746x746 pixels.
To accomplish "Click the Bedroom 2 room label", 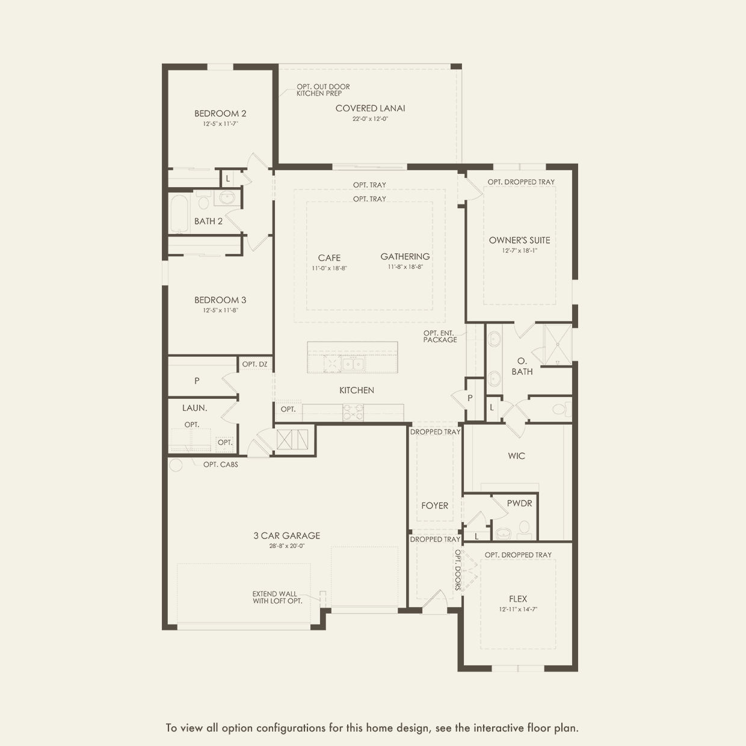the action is (x=220, y=114).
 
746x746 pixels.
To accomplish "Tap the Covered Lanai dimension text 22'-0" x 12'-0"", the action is (x=370, y=119).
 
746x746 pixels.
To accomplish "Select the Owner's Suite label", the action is (x=519, y=240).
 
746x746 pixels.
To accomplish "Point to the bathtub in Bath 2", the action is (x=179, y=214).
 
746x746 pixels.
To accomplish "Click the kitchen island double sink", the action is (x=353, y=365).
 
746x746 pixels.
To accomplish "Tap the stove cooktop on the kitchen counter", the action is (x=353, y=412).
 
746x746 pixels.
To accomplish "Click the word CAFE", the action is (x=329, y=258).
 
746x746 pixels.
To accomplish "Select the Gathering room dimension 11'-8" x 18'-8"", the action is (x=405, y=267).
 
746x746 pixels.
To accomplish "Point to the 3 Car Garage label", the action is (x=287, y=535).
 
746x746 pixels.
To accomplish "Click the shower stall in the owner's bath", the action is (x=558, y=345).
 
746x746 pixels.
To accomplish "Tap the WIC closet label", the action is (x=516, y=456).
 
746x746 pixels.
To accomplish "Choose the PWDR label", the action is (x=520, y=504).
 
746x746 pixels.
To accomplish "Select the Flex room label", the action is (x=518, y=599).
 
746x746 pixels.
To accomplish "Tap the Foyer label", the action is (x=434, y=505).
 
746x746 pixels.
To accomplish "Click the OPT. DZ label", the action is (x=254, y=365).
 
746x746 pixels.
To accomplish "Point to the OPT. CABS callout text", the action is (x=221, y=464).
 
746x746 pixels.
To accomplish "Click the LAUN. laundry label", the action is (x=195, y=408).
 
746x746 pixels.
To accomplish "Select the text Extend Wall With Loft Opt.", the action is (x=277, y=597).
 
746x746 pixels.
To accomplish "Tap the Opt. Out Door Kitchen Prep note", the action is (x=323, y=90).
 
